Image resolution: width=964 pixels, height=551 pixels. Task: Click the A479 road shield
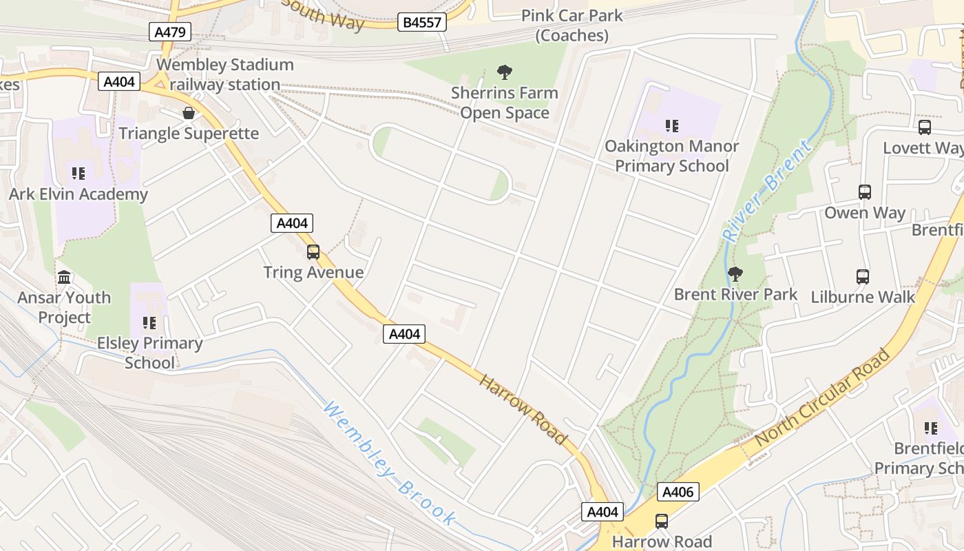(169, 31)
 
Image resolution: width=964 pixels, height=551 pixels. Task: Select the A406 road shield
(679, 492)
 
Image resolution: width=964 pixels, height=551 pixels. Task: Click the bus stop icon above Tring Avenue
(313, 252)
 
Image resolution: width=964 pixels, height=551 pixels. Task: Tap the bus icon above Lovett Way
(924, 127)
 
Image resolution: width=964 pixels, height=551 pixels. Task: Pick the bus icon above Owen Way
(865, 192)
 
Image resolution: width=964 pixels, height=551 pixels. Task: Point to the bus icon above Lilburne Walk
(863, 277)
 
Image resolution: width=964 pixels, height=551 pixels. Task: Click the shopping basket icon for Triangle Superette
(189, 113)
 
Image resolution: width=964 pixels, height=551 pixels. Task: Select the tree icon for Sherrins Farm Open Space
(505, 72)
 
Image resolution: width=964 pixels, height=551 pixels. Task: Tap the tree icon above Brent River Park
(735, 274)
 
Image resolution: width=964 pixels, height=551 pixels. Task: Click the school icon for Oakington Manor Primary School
(671, 126)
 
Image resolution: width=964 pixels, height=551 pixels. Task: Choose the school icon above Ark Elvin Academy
(78, 174)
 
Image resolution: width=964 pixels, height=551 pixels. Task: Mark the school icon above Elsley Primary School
(149, 322)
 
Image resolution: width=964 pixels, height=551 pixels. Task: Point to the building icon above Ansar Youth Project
(64, 277)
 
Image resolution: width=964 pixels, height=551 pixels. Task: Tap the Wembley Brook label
(390, 464)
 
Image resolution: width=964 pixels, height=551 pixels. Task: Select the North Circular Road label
(822, 397)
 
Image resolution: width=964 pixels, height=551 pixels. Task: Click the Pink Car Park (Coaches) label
(572, 25)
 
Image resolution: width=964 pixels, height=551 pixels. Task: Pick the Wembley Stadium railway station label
(225, 75)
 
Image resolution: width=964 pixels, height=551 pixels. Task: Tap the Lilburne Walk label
(863, 298)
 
